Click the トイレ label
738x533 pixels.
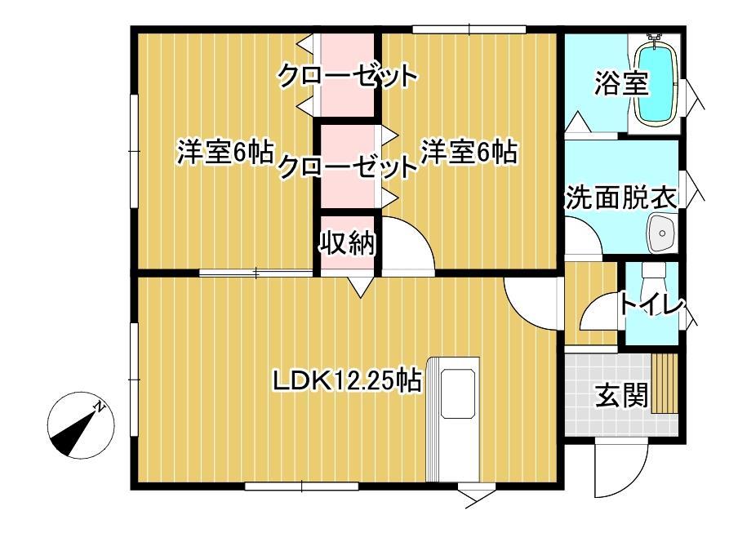tap(651, 305)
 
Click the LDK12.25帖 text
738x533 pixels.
tap(347, 380)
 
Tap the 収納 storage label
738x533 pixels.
tap(346, 243)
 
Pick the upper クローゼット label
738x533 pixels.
tap(348, 77)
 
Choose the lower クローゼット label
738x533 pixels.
tap(348, 167)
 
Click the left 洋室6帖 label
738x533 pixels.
tap(225, 153)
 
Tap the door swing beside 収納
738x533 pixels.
tap(406, 244)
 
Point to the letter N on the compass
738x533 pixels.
tap(99, 406)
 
